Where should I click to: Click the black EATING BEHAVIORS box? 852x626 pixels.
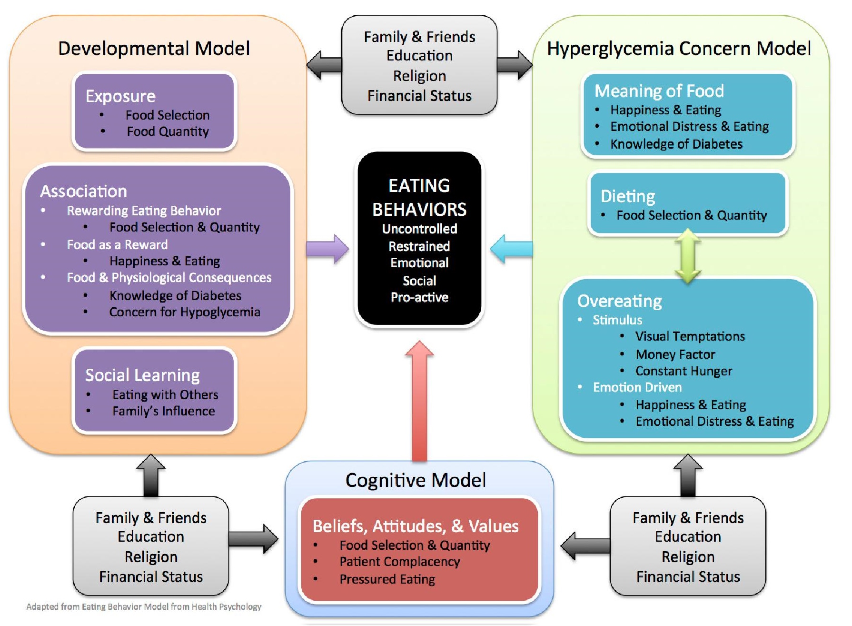coord(419,238)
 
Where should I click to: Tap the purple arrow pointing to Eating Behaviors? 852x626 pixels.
coord(327,249)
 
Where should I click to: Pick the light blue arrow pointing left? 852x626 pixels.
coord(511,249)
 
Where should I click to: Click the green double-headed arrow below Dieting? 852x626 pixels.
coord(688,256)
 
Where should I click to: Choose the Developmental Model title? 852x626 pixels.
coord(154,48)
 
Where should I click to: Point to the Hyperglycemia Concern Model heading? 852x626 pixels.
coord(679,48)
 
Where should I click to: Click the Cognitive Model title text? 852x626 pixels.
coord(416,480)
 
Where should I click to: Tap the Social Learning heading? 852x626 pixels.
coord(142,375)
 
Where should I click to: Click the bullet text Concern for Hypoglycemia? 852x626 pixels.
coord(185,312)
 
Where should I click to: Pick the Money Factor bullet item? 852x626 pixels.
coord(675,354)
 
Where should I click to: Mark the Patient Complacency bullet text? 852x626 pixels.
coord(400,562)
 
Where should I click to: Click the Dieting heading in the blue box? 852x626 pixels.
coord(628,196)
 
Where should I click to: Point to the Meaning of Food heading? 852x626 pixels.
coord(659,91)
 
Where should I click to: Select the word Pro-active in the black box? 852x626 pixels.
coord(419,297)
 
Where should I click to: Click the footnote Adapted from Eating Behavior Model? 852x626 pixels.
coord(144,606)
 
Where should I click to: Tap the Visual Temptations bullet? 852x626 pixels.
coord(690,336)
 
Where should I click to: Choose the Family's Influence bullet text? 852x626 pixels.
coord(163,411)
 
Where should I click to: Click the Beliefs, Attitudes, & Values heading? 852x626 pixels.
coord(416,526)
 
